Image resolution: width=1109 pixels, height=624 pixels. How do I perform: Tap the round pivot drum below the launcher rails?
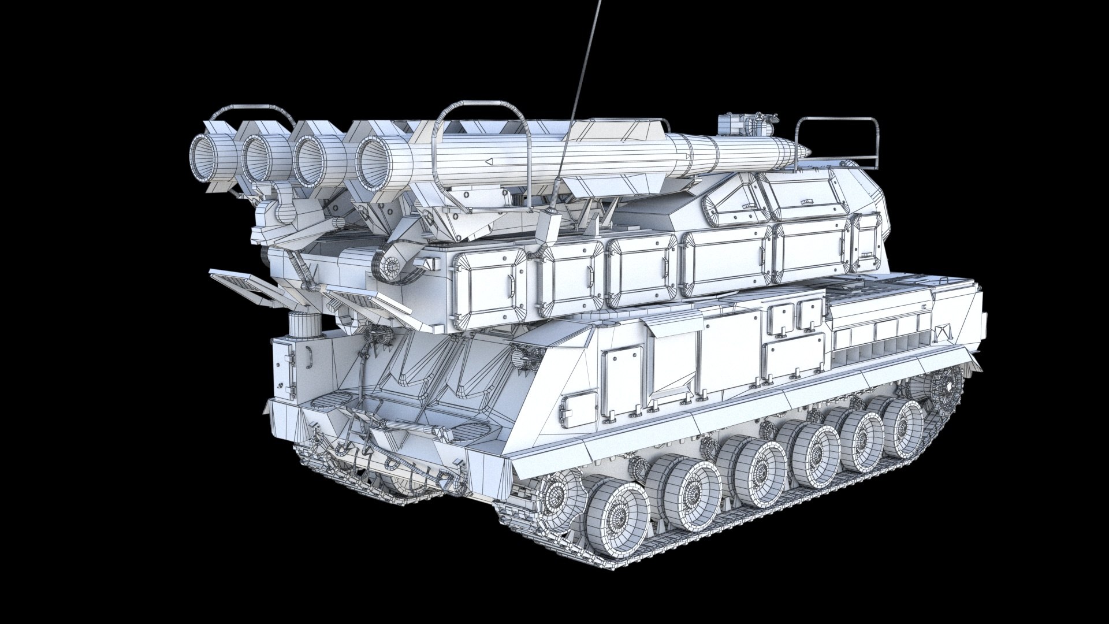pos(392,265)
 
